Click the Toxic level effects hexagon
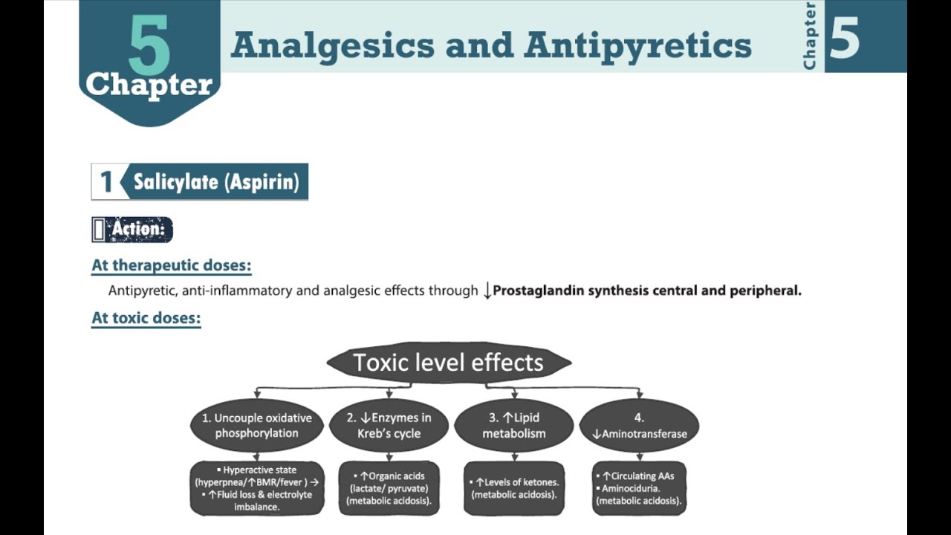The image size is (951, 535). (449, 363)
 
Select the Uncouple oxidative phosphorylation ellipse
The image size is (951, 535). (257, 426)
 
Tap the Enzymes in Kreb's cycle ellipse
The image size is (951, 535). (389, 426)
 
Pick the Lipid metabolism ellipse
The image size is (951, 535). (514, 426)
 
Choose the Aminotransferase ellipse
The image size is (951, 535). (639, 426)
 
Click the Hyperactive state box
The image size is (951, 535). (257, 488)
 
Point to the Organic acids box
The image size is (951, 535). (389, 488)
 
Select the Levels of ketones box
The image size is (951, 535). (514, 488)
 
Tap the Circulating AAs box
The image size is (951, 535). (639, 488)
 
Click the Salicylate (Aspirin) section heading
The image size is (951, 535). (215, 182)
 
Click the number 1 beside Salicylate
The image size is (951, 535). (106, 182)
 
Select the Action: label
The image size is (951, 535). (138, 230)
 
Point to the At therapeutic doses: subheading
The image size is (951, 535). (172, 265)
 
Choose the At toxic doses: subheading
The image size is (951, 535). (146, 318)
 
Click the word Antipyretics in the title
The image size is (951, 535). (637, 45)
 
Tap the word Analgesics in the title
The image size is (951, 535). (332, 45)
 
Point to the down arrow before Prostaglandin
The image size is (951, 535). (487, 291)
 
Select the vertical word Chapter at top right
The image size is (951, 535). (810, 36)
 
